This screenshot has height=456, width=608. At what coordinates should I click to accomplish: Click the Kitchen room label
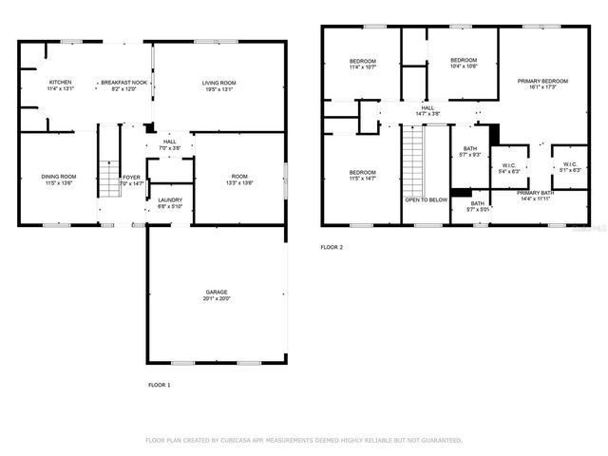[59, 83]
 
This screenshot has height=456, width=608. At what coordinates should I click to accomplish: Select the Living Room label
[218, 83]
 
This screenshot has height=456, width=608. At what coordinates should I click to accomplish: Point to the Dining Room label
[58, 176]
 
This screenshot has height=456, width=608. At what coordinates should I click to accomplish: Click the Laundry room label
[170, 199]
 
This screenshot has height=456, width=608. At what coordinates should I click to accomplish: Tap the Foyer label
[131, 177]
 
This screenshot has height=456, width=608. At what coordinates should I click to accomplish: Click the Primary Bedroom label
[542, 81]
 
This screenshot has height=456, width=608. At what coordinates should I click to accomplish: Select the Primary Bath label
[536, 193]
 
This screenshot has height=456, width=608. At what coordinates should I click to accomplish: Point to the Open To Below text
[427, 199]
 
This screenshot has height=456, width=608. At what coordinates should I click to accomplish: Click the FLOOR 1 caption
[159, 385]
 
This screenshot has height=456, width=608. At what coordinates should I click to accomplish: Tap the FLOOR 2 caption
[332, 247]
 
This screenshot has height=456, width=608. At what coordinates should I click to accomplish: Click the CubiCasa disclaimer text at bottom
[303, 440]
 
